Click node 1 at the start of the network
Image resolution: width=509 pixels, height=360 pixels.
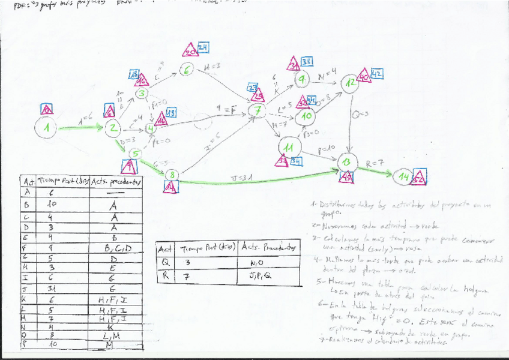[x=49, y=128]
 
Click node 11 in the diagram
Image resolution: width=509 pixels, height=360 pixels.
[x=289, y=146]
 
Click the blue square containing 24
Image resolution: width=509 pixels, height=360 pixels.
[x=203, y=48]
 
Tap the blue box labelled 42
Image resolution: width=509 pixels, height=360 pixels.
[x=376, y=74]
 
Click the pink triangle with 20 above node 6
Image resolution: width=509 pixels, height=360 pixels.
[x=190, y=51]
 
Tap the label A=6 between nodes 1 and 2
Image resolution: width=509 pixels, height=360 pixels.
[x=84, y=121]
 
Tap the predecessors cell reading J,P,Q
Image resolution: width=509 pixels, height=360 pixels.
[x=264, y=277]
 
